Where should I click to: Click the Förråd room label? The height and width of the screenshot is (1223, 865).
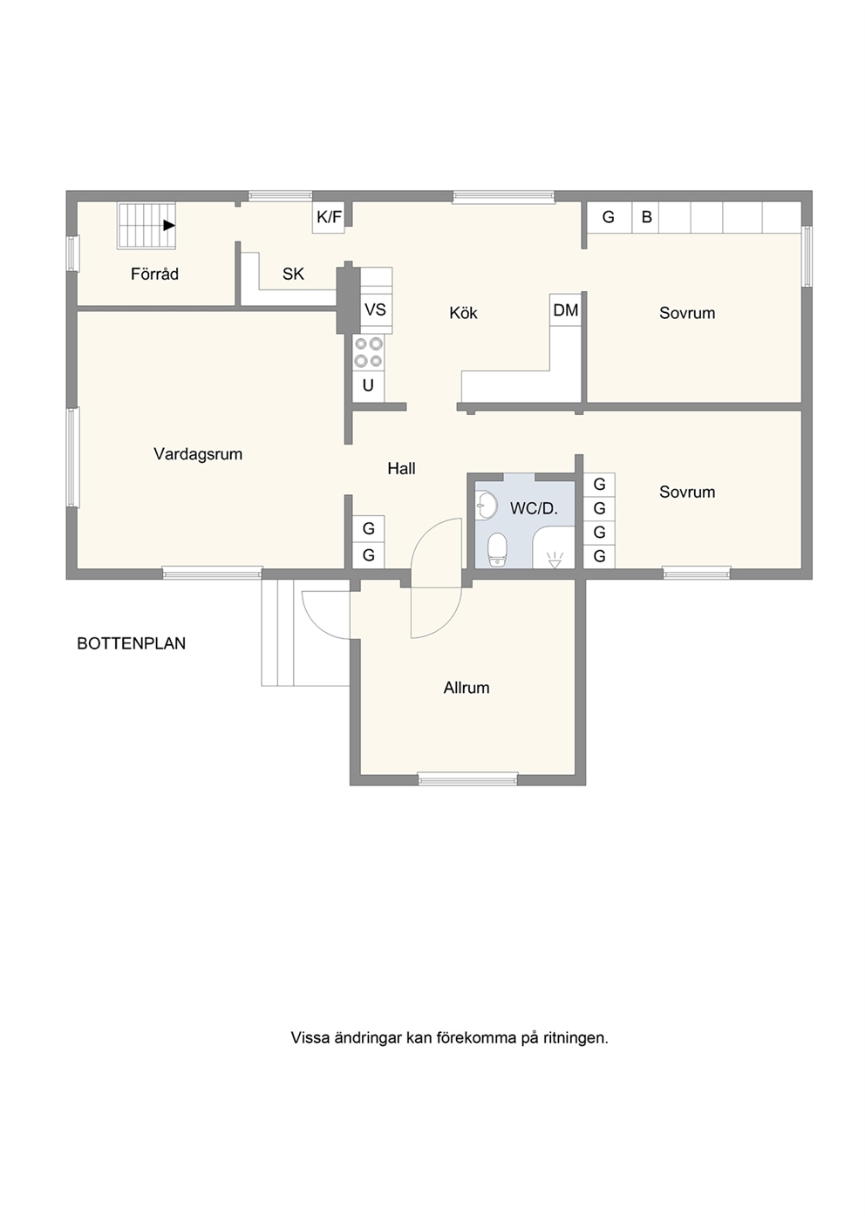154,274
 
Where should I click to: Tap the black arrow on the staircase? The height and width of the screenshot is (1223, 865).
169,225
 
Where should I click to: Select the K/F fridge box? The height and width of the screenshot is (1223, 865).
329,217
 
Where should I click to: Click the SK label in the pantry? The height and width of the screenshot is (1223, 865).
293,274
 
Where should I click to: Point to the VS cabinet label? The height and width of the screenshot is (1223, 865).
375,309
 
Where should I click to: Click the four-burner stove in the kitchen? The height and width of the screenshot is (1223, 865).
368,352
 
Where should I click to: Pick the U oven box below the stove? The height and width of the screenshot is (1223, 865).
368,386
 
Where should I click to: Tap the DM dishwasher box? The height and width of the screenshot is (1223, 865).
566,310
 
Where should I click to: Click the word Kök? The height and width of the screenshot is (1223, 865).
463,313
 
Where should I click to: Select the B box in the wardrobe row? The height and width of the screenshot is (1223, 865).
646,217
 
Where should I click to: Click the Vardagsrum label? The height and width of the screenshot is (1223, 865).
198,453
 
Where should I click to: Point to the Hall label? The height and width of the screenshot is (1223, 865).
401,468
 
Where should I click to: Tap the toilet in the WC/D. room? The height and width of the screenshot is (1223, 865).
498,550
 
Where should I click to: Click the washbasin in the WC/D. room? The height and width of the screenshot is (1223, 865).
486,505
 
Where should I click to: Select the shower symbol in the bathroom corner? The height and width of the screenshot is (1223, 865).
555,560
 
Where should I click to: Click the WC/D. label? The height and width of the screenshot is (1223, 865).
534,508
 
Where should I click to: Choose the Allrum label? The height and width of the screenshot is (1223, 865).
467,688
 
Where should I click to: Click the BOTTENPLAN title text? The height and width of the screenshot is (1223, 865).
131,643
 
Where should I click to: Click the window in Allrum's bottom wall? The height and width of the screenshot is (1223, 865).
467,779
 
